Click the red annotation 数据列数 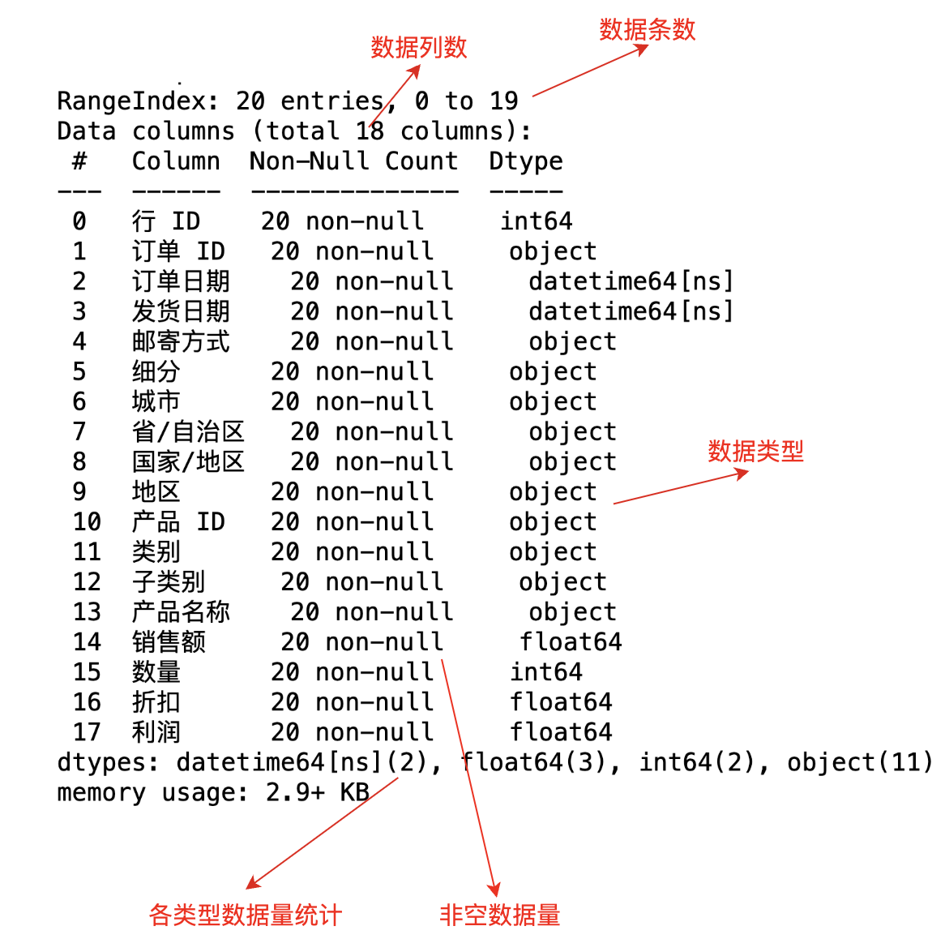pos(419,48)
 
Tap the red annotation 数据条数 pos(648,30)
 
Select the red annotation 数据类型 pos(755,451)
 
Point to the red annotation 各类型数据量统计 pos(246,915)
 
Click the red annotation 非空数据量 pos(499,915)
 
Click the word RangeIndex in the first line pos(131,101)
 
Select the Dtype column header pos(525,161)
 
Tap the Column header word pos(176,161)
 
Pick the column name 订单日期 pos(181,281)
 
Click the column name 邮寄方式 pos(181,341)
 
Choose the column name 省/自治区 pos(188,431)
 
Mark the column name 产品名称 pos(181,611)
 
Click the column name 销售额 pos(169,641)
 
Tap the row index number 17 pos(87,732)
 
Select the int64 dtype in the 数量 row pos(545,672)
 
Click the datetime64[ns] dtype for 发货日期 pos(631,311)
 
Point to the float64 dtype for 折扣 pos(561,702)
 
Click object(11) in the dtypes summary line pos(859,762)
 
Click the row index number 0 pos(79,221)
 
